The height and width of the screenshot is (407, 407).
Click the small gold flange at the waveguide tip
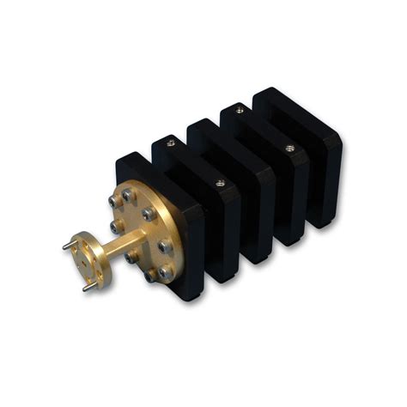[x=87, y=260]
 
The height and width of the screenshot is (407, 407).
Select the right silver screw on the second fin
[x=221, y=182]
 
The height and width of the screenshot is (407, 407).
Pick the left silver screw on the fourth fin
[x=240, y=110]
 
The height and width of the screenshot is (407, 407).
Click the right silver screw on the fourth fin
[x=289, y=148]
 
